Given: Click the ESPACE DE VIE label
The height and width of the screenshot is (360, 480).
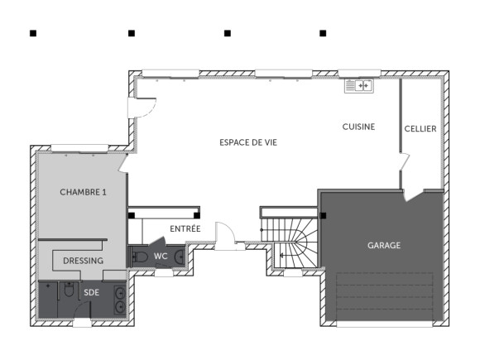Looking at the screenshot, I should tap(248, 142).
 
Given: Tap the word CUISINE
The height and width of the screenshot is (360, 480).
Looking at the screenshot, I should tap(359, 127).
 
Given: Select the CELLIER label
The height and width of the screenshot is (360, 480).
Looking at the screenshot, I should tap(420, 129).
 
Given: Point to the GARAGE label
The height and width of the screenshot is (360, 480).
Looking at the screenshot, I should tap(384, 246).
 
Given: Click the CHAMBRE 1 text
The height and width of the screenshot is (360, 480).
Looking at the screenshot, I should tap(83, 192).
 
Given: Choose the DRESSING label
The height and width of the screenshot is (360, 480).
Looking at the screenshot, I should tap(83, 261).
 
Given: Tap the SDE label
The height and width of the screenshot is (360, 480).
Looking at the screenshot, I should tap(90, 292).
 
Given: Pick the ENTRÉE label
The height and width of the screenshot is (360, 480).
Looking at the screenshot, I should tap(185, 228).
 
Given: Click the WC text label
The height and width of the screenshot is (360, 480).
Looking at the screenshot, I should tap(161, 257).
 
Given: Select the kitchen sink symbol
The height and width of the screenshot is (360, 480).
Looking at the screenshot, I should tap(360, 84).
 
